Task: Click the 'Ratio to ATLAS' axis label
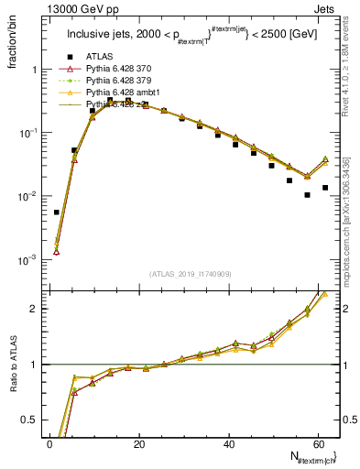13,390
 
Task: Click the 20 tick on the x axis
139,442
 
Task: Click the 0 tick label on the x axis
50,442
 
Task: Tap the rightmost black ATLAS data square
325,188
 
